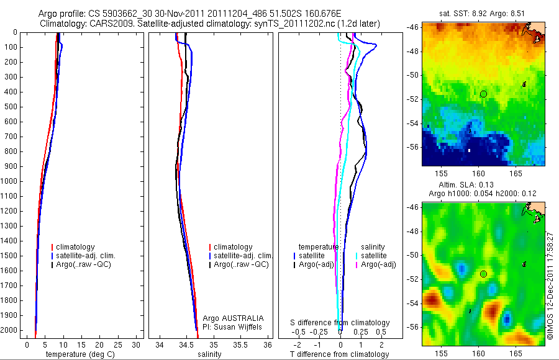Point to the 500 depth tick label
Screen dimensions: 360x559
click(x=11, y=107)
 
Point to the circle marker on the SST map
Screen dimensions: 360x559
click(x=483, y=94)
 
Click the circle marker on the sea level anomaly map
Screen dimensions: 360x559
click(x=483, y=274)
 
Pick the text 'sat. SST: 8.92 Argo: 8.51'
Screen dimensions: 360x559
click(x=482, y=14)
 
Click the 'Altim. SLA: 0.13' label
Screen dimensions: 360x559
click(x=482, y=186)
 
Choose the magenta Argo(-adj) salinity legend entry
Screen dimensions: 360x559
click(x=376, y=265)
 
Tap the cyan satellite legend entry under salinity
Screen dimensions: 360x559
click(x=372, y=256)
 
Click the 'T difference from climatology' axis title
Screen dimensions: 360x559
click(x=340, y=354)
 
